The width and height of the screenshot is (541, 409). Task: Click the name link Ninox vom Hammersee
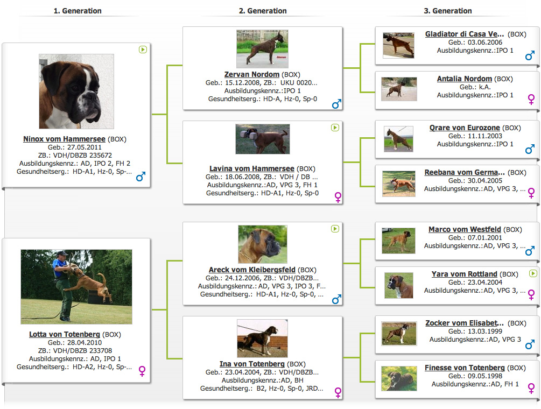point(64,139)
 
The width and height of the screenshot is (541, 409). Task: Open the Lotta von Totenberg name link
point(65,334)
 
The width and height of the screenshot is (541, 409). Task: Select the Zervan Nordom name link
point(252,74)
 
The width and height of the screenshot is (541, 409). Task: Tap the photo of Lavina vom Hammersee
point(263,139)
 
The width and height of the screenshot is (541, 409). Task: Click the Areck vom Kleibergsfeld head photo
point(263,244)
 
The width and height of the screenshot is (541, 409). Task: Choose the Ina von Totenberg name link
point(252,364)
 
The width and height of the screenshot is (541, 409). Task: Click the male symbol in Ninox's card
point(141,177)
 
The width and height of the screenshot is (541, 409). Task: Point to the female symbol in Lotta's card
point(142,371)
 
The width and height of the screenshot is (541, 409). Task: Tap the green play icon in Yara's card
point(533,273)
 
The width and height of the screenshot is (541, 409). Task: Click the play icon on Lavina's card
point(335,128)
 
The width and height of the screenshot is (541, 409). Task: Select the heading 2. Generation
point(263,11)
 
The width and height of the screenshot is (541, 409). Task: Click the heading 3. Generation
point(448,11)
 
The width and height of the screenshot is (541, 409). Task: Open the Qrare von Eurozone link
point(465,128)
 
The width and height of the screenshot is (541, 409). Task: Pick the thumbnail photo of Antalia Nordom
point(399,89)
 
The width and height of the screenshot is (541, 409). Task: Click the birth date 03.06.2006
point(485,43)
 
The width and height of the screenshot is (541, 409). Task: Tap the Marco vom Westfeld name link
point(465,229)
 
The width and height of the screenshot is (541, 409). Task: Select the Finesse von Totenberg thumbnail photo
point(399,379)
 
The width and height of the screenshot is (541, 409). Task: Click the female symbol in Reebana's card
point(531,193)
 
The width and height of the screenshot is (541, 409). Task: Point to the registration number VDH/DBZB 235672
point(82,155)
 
